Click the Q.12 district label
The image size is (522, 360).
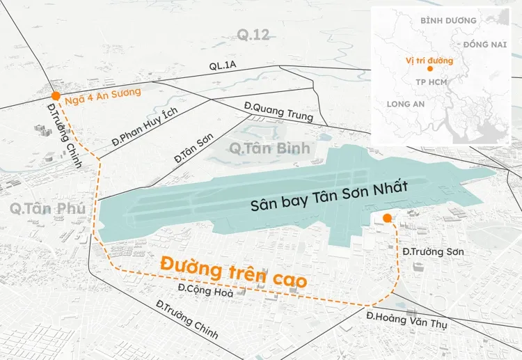point(252,34)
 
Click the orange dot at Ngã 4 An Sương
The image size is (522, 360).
point(55,96)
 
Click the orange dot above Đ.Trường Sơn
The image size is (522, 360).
point(387,219)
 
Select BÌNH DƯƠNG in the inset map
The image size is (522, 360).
point(449,20)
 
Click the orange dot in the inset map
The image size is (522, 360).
point(430,69)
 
